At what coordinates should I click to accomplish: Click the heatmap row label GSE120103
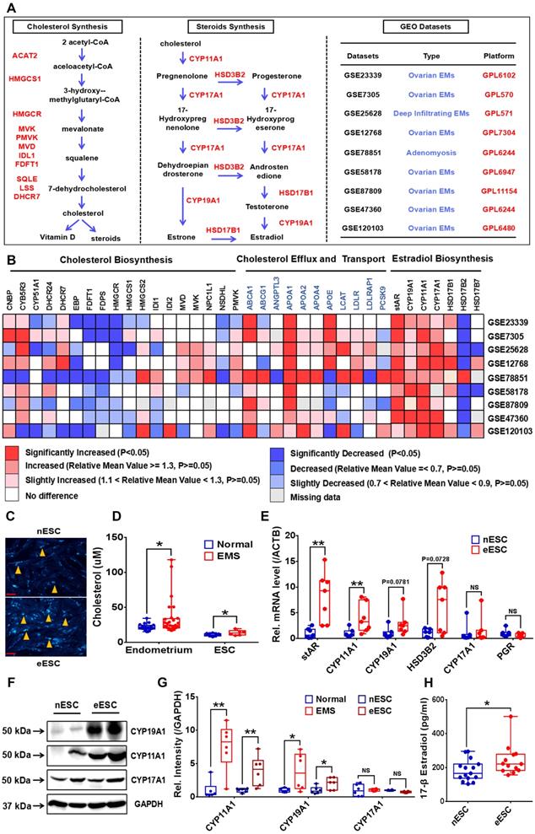[x=510, y=430]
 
